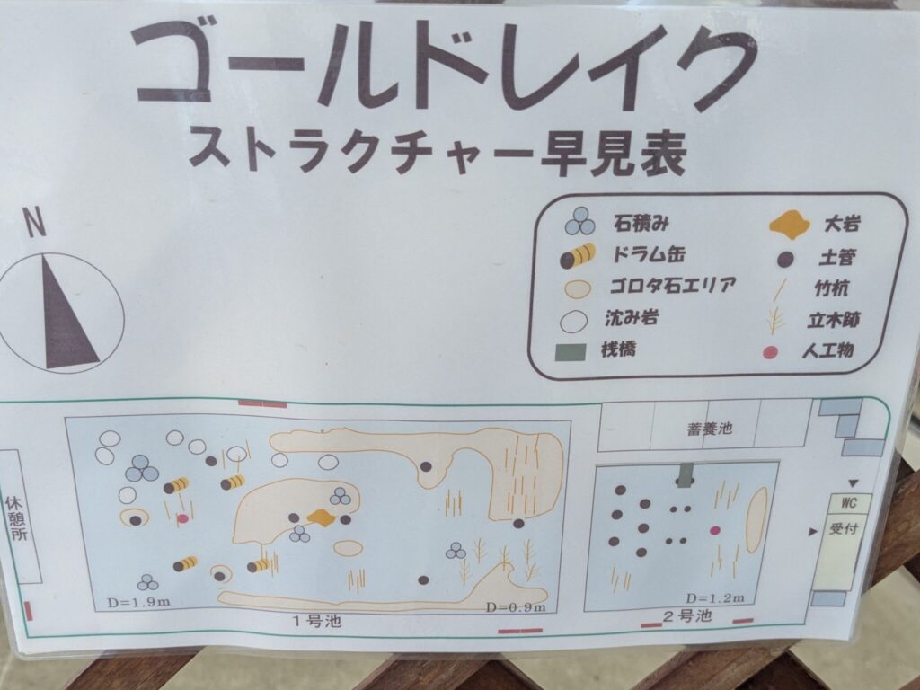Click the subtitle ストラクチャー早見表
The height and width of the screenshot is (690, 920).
[x=438, y=151]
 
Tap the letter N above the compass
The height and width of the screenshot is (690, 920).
[x=35, y=223]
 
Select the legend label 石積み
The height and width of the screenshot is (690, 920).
[x=641, y=223]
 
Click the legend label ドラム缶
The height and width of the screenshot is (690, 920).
[x=649, y=254]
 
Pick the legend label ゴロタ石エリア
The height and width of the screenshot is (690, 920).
[x=672, y=286]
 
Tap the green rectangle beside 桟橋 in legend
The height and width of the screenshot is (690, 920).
[x=570, y=351]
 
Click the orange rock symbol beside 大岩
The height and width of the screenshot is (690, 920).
[x=789, y=225]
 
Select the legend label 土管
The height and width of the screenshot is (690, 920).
[x=838, y=257]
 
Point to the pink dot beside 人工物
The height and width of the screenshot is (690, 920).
[x=770, y=352]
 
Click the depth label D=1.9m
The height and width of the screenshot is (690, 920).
[x=138, y=602]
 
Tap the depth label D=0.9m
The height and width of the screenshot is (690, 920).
[x=516, y=607]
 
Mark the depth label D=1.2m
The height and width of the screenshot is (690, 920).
[x=715, y=598]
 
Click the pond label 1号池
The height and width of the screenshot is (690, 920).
[x=317, y=621]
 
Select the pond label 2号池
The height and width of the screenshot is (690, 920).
[x=687, y=616]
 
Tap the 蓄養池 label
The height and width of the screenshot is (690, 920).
[x=710, y=429]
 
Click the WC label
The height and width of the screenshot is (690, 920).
[x=849, y=503]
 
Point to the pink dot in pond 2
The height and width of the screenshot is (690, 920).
[x=714, y=530]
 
